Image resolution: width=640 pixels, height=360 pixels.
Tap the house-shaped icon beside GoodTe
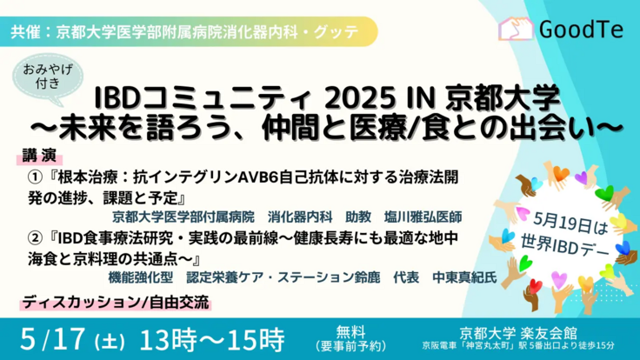517,30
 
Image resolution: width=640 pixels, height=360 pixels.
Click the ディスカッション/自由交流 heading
116,303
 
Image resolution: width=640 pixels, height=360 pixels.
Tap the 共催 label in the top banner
28,32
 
